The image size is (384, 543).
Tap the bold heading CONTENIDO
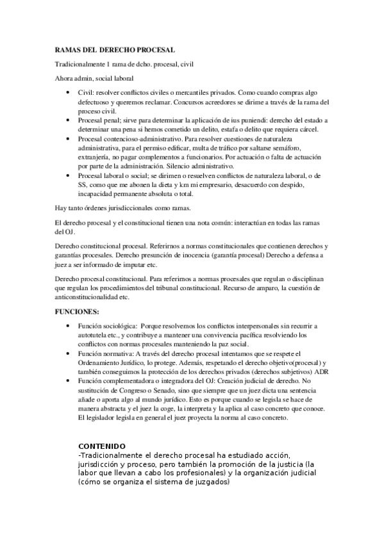coord(102,446)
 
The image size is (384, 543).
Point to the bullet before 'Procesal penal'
coord(70,120)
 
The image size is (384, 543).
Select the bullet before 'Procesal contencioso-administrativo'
coord(70,138)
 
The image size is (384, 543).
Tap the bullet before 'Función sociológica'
coord(70,326)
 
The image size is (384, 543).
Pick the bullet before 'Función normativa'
coord(70,353)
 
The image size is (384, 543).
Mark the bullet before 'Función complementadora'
coord(70,381)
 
